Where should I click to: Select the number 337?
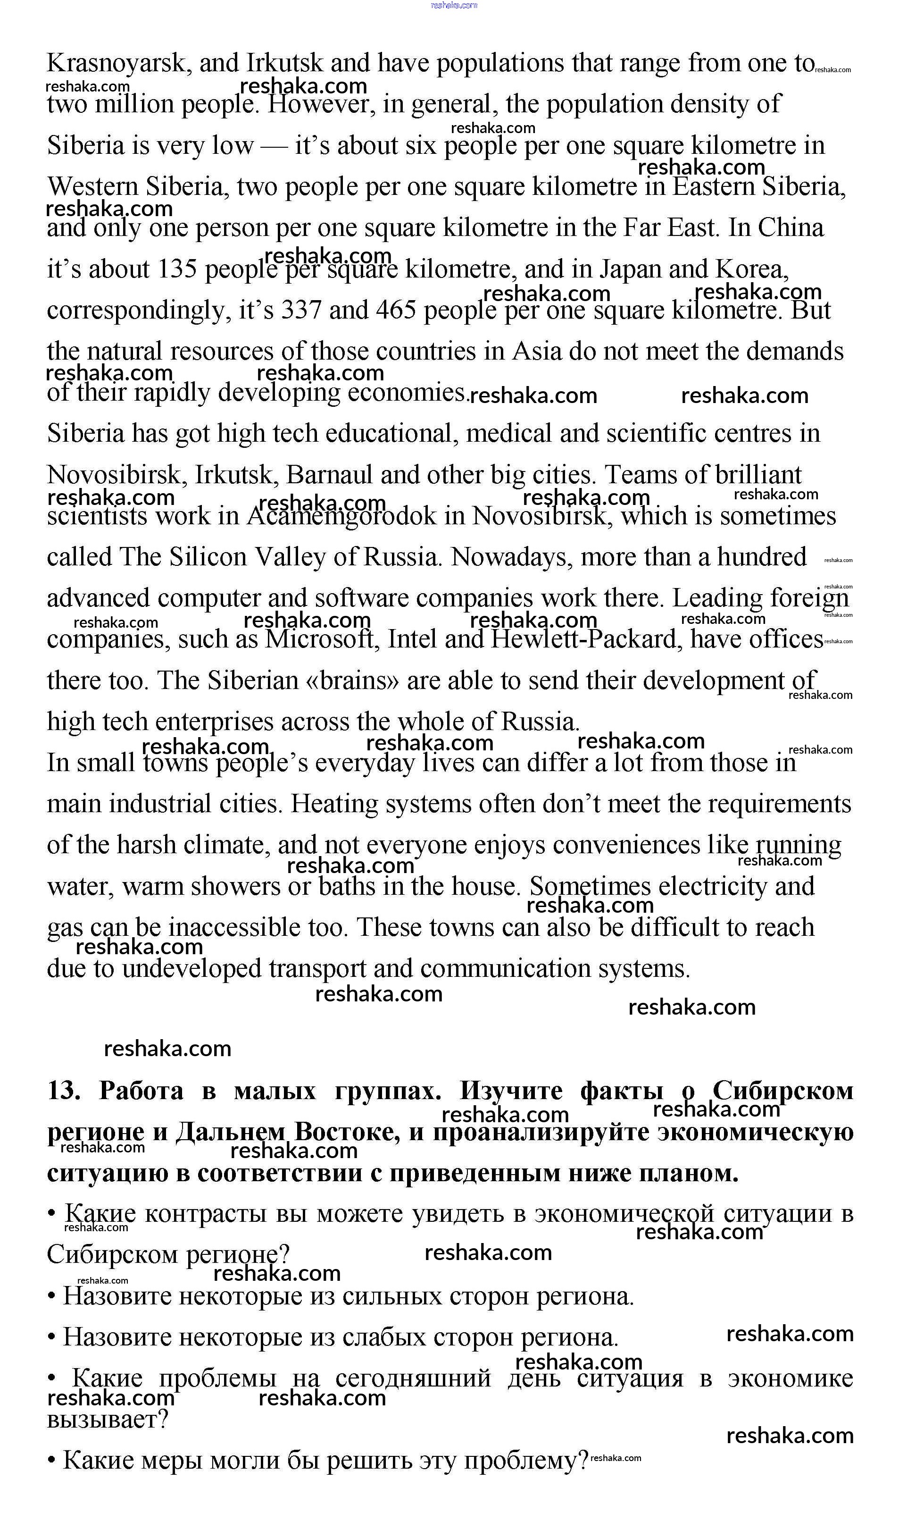(x=301, y=311)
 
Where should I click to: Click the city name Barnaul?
(x=329, y=475)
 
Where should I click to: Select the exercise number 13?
(x=63, y=1091)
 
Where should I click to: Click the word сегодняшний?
(x=413, y=1378)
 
